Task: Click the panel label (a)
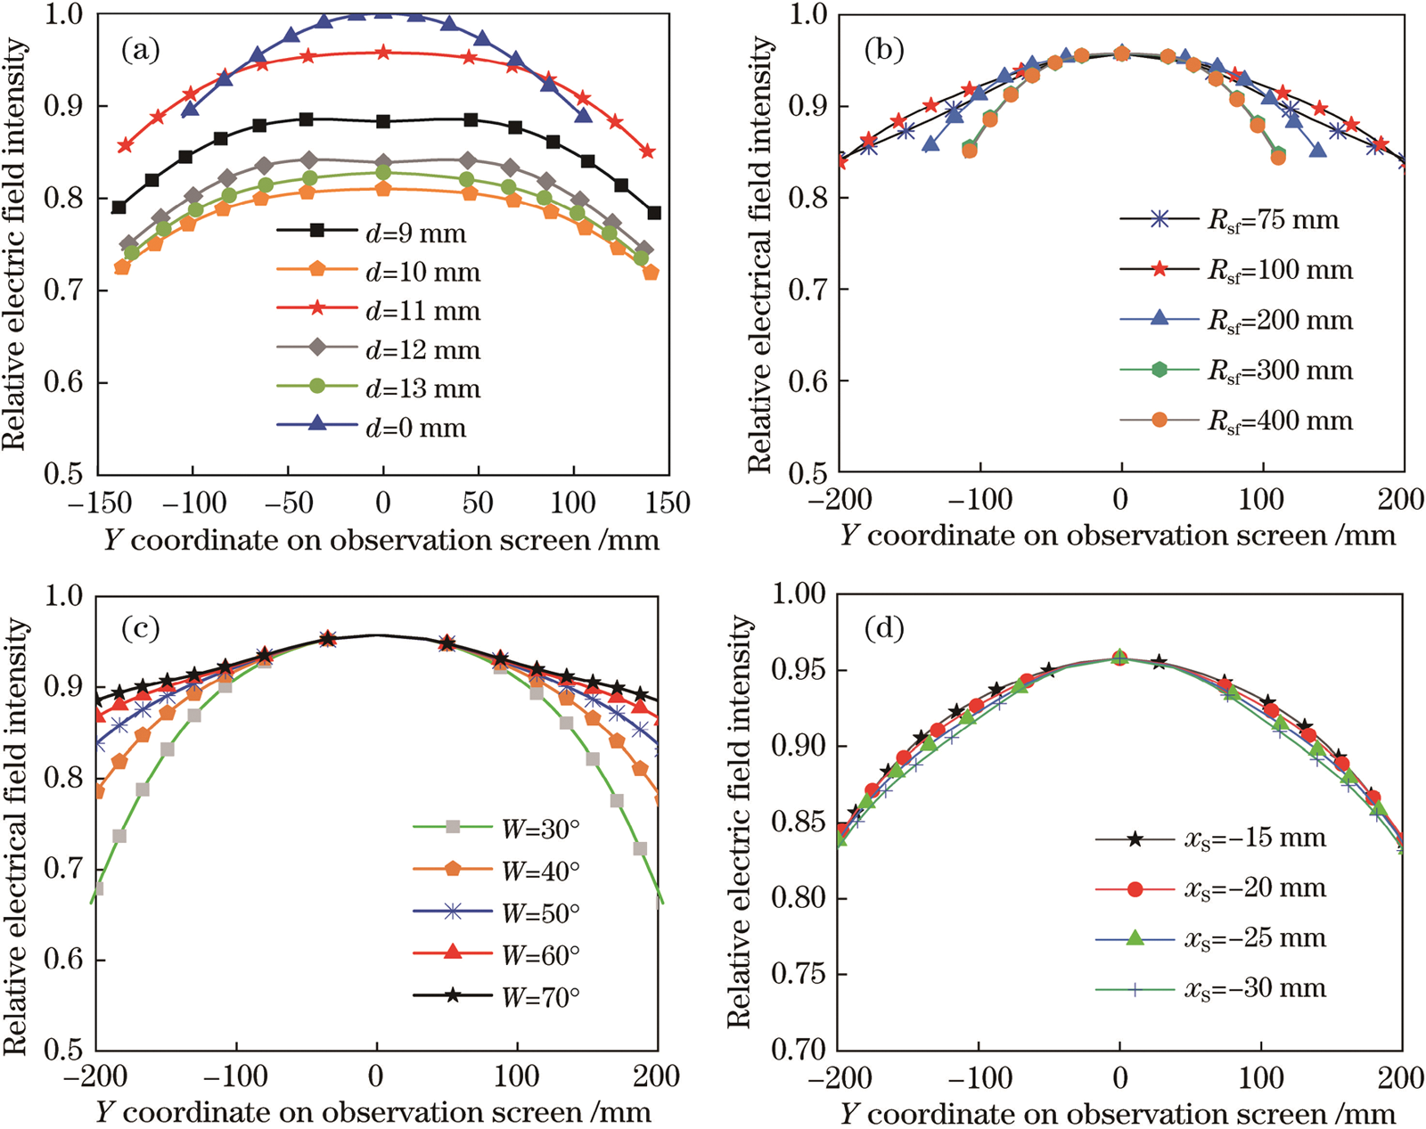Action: point(141,51)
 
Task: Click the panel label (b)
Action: point(884,51)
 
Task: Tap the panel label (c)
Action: point(141,629)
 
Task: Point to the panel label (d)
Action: point(884,629)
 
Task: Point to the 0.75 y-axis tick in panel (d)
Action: point(799,974)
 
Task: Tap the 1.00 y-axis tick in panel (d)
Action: point(799,594)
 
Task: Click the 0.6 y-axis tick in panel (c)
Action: point(65,960)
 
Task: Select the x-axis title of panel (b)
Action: point(1118,536)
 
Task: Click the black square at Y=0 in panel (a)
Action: point(383,121)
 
